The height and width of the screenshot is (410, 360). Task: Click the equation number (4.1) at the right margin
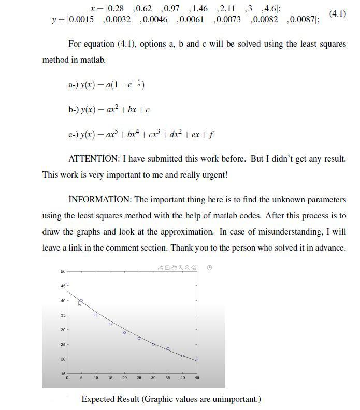pyautogui.click(x=337, y=13)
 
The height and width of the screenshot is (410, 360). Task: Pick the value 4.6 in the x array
pyautogui.click(x=270, y=9)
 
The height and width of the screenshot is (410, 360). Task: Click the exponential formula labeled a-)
pyautogui.click(x=106, y=84)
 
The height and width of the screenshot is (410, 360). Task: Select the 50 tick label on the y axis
pyautogui.click(x=63, y=271)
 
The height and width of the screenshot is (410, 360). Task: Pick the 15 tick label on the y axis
pyautogui.click(x=63, y=374)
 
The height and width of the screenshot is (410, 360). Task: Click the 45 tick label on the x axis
pyautogui.click(x=197, y=378)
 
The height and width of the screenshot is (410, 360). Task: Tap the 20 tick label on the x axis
pyautogui.click(x=124, y=378)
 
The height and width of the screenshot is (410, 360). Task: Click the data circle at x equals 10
pyautogui.click(x=96, y=315)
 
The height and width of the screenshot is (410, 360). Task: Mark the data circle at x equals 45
pyautogui.click(x=197, y=359)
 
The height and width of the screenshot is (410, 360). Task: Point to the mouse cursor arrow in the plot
pyautogui.click(x=79, y=303)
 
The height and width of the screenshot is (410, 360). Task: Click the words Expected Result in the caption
pyautogui.click(x=110, y=399)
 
